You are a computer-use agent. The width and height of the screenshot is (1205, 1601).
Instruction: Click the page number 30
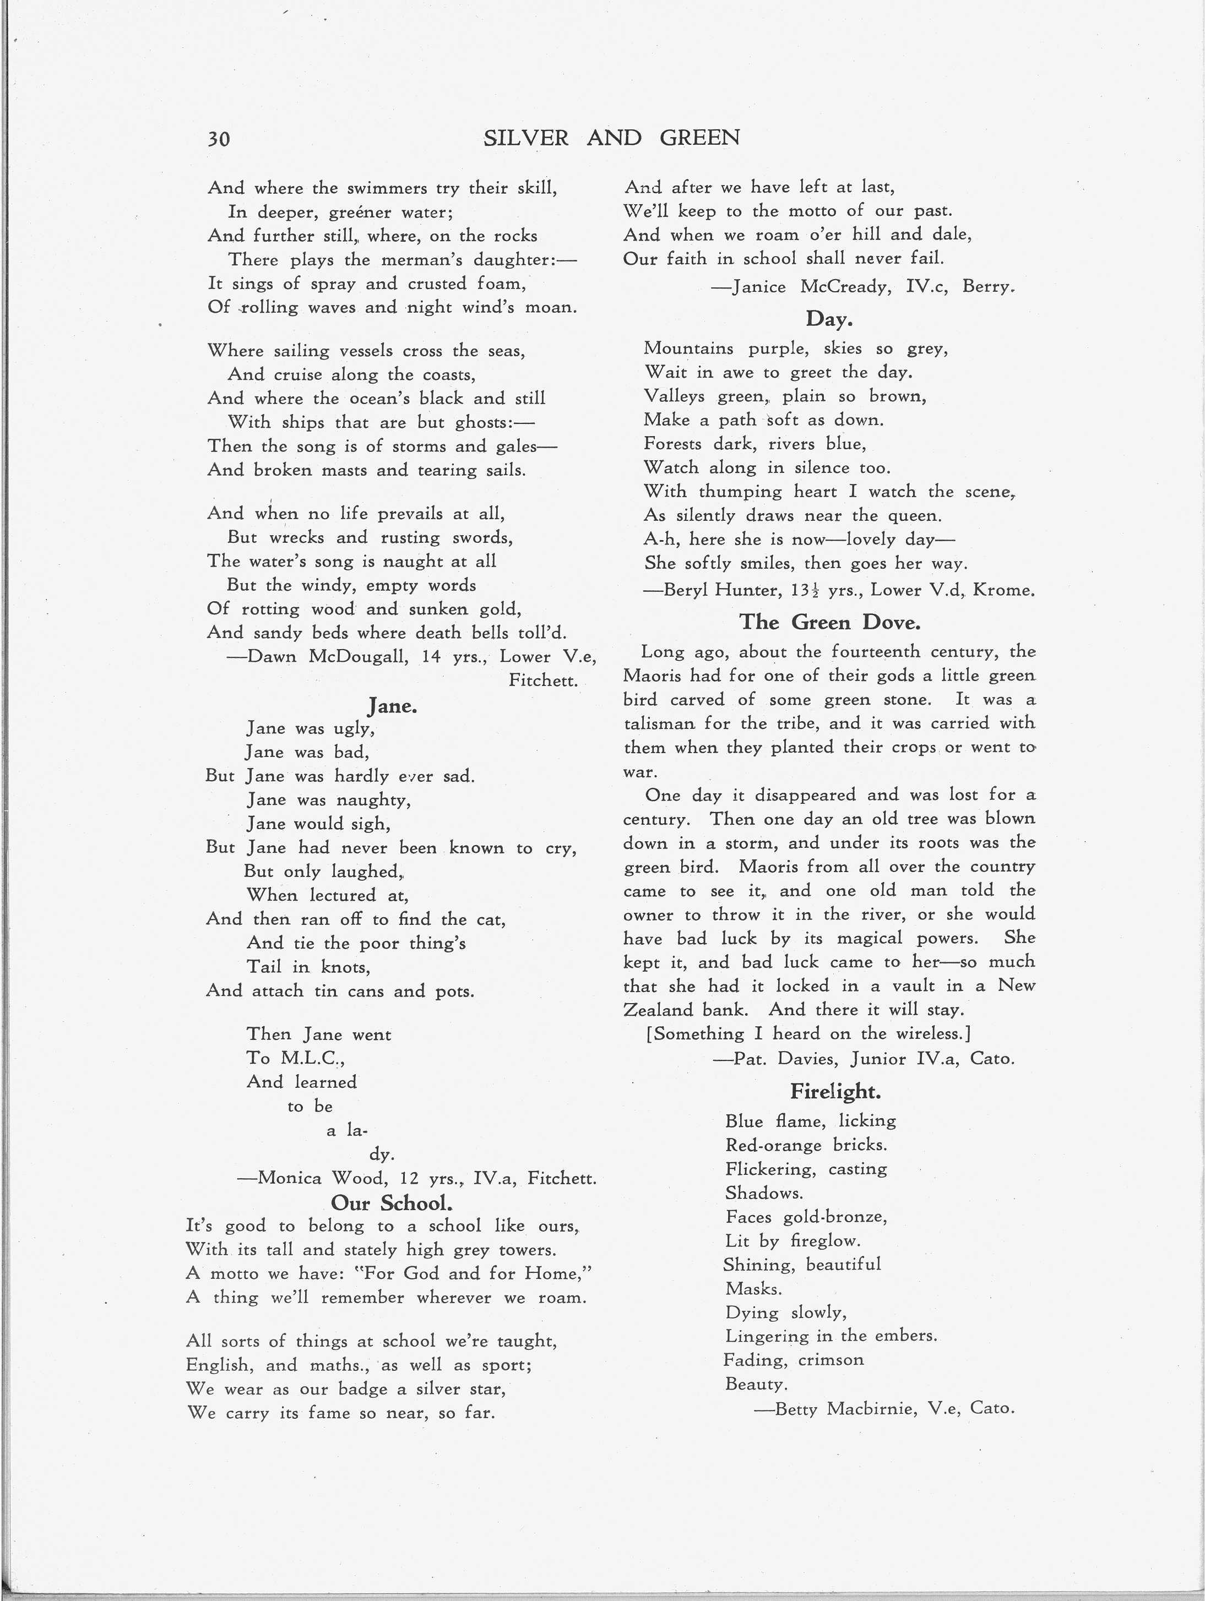[219, 138]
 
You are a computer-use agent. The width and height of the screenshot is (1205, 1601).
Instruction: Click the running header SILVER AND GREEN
[611, 138]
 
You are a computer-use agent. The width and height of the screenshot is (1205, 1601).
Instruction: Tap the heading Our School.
[391, 1202]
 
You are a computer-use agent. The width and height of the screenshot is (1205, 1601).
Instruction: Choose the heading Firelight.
[835, 1091]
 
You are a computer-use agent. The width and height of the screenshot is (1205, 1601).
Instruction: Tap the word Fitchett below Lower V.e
[542, 680]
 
